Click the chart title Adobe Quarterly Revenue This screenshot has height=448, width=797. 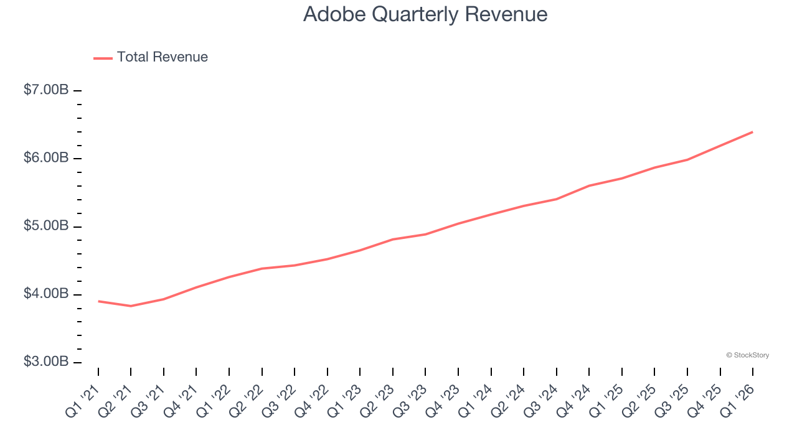[x=425, y=14]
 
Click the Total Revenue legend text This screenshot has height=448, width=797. [x=162, y=57]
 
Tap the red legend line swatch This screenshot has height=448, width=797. [x=103, y=58]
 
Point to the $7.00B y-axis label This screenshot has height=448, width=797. [x=46, y=90]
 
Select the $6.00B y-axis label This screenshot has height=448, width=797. [x=46, y=158]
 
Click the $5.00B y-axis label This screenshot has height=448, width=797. [x=46, y=226]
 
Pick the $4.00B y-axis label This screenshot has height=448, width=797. [x=46, y=294]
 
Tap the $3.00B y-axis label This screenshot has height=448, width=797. [x=46, y=362]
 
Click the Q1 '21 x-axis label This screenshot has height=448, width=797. [x=82, y=399]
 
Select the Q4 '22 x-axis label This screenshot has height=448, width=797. [x=311, y=399]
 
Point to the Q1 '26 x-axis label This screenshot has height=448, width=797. [x=736, y=399]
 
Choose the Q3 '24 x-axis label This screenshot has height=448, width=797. [x=540, y=399]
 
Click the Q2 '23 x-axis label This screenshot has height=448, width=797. [x=376, y=399]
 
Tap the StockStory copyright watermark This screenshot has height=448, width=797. [x=747, y=355]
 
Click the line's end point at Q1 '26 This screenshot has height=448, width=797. [x=753, y=132]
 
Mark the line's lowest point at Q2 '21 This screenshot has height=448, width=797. [x=131, y=306]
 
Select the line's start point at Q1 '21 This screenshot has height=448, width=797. [x=98, y=301]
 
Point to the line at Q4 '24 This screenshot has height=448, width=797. [x=589, y=185]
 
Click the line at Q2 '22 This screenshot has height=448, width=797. [x=262, y=268]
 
